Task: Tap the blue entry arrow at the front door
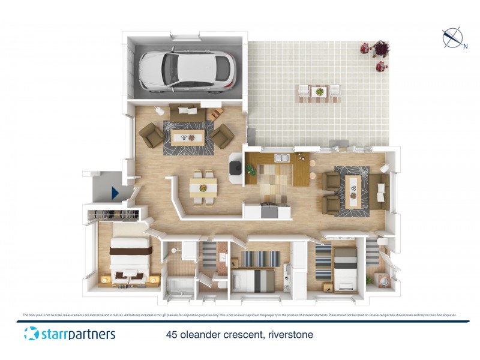tap(115, 193)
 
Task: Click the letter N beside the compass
tap(465, 46)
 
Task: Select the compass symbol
tap(451, 38)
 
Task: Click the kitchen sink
tap(281, 158)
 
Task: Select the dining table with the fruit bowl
tap(203, 187)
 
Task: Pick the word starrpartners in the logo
tap(77, 334)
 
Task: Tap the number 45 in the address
tap(172, 335)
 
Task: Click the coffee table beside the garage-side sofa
tap(188, 137)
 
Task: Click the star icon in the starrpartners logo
tap(31, 334)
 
